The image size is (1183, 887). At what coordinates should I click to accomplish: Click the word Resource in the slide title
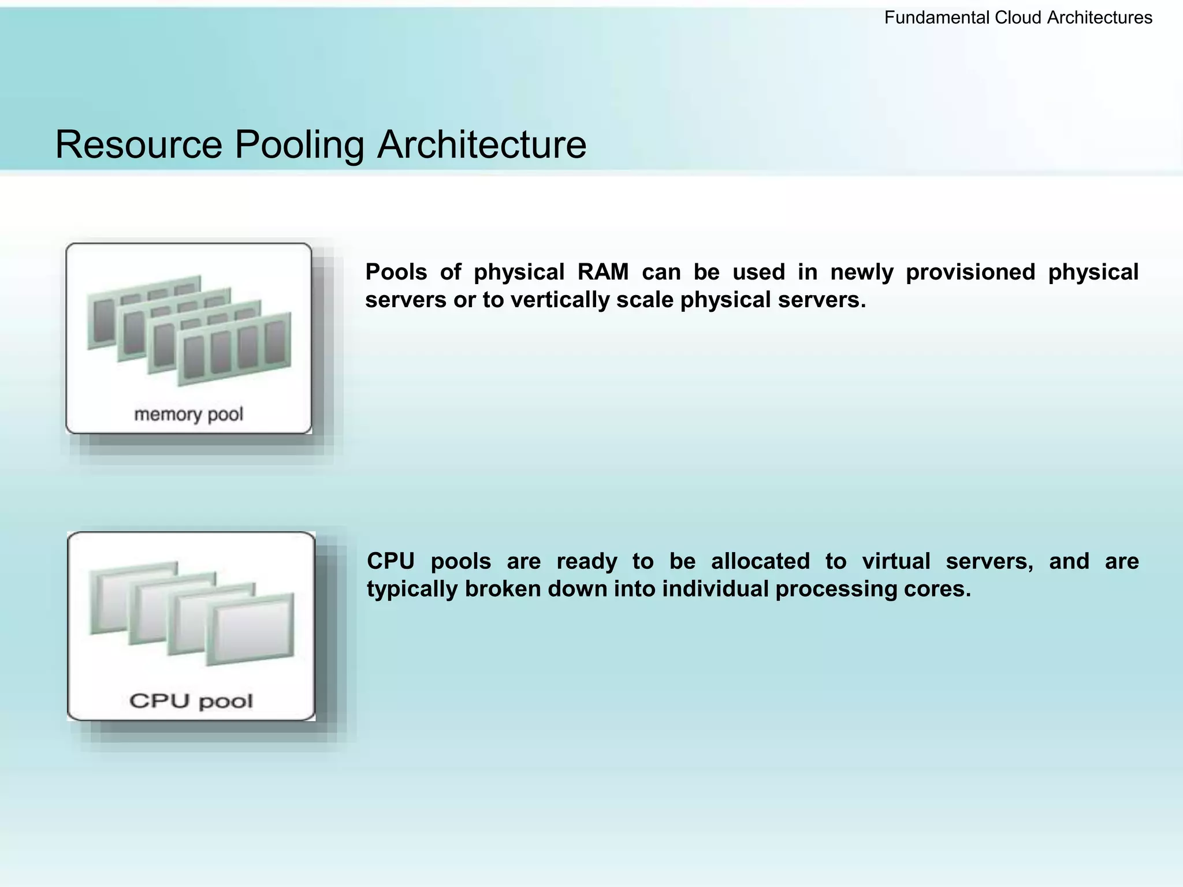[139, 144]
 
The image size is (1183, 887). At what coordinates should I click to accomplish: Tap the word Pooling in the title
[299, 144]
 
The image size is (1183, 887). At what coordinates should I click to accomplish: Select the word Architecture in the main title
[482, 144]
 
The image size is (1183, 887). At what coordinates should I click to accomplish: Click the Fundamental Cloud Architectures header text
[1018, 18]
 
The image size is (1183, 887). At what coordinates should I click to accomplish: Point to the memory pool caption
[188, 414]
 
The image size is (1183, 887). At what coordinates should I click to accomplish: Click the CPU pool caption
[191, 700]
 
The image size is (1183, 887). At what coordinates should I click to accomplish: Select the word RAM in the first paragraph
[602, 272]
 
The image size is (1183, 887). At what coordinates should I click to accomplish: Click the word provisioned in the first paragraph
[970, 272]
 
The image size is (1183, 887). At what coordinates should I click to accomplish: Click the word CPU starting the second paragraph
[390, 561]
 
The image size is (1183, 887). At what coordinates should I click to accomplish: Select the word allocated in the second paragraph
[760, 561]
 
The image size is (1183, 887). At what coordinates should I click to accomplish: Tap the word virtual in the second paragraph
[896, 561]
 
